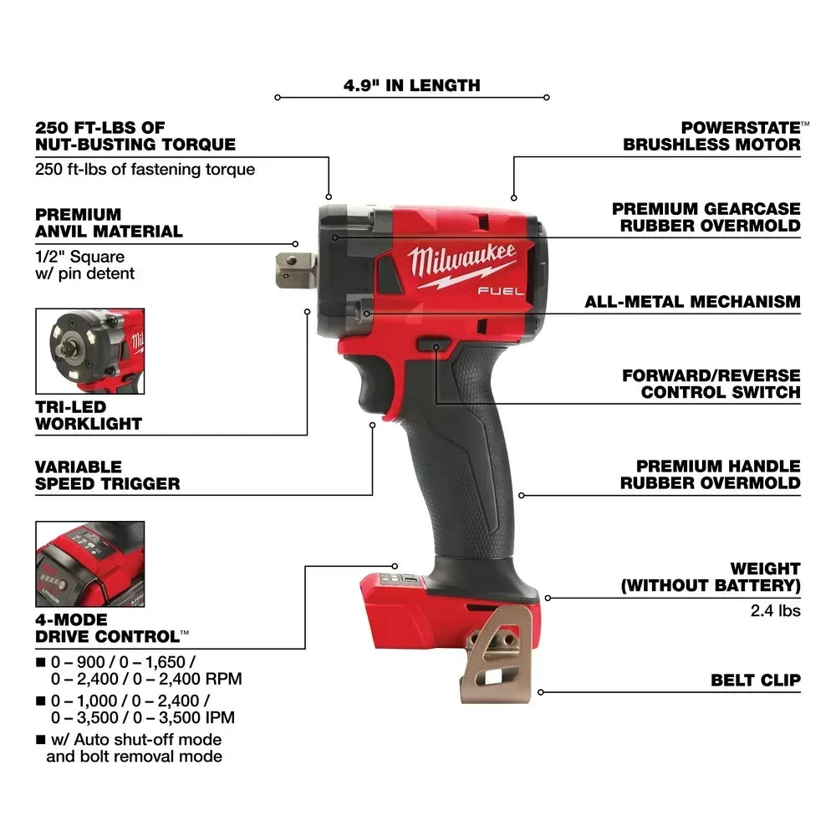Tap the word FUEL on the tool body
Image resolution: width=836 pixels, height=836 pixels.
pos(501,291)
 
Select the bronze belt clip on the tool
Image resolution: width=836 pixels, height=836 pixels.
pos(497,655)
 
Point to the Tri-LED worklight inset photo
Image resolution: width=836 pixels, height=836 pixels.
pos(90,351)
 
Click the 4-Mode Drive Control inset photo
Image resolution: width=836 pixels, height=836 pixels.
pos(90,564)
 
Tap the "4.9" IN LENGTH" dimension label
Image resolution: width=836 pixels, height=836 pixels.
pos(411,85)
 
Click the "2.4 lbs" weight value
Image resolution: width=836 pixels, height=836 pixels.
pos(775,610)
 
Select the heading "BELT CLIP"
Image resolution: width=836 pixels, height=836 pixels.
pos(756,681)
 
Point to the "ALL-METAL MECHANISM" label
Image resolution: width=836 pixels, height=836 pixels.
pos(692,302)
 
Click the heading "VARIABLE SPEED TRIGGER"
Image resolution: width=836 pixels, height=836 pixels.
pos(108,475)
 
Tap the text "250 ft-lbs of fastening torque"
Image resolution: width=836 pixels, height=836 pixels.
pos(145,170)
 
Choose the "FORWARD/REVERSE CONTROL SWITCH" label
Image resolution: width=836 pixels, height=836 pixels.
pos(711,384)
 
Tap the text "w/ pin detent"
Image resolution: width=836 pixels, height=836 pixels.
pos(84,274)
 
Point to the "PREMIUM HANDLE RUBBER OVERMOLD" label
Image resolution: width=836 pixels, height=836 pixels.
pos(710,475)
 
